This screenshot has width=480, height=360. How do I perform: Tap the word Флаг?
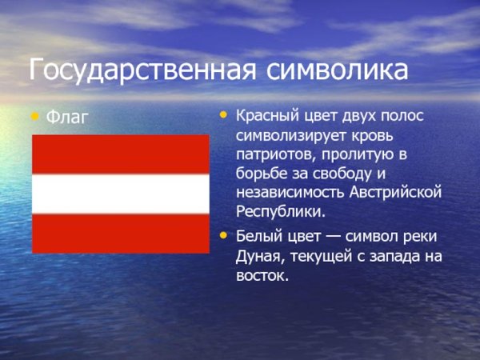tap(67, 117)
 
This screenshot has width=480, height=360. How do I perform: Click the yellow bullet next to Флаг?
tap(34, 116)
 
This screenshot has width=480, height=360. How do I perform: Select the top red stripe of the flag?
tap(120, 154)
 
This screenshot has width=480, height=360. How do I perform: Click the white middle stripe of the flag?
tap(120, 194)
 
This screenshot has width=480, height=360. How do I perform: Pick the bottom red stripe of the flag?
tap(120, 234)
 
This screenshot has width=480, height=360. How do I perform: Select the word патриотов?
tap(272, 154)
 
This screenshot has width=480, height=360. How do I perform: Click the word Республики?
tap(280, 212)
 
